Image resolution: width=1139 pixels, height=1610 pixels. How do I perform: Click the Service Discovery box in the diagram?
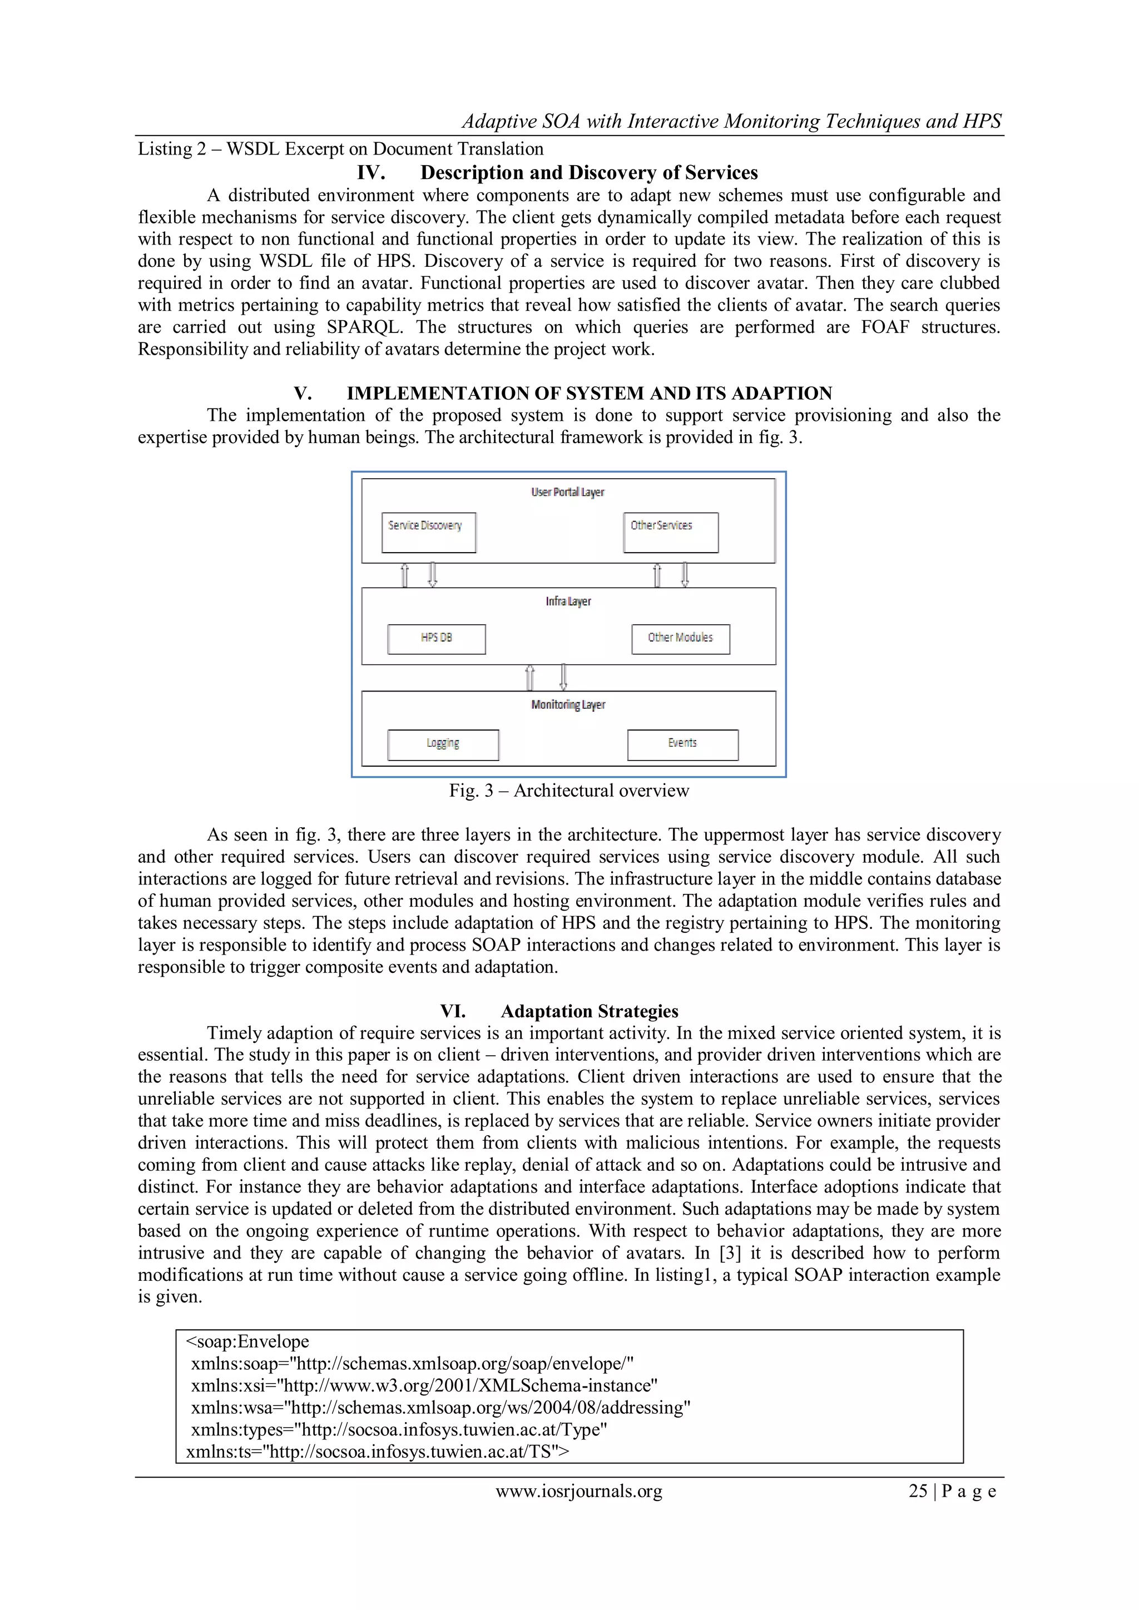[x=429, y=532]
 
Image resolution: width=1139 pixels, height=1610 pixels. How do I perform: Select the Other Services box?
[x=671, y=532]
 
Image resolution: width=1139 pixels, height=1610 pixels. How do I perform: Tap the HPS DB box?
[x=436, y=639]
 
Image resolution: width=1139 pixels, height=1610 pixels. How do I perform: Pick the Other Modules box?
[x=680, y=639]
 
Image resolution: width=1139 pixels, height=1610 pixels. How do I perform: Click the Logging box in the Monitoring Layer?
[x=443, y=745]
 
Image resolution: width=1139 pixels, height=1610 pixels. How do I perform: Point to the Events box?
[x=682, y=745]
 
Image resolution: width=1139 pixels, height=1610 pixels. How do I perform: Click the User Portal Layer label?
[x=567, y=492]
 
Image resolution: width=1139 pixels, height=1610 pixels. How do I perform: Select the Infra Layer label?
[x=568, y=602]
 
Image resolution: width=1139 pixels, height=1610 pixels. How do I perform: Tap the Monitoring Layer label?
[x=568, y=705]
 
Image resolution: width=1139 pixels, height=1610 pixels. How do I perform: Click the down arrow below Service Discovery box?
[x=433, y=575]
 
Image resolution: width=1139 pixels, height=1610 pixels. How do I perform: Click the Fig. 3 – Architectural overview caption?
[x=569, y=791]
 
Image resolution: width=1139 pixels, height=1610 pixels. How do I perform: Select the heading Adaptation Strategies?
[x=589, y=1011]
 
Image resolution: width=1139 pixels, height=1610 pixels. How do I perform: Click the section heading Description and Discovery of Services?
[x=588, y=172]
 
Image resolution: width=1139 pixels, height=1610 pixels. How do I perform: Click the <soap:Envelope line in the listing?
[x=247, y=1341]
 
